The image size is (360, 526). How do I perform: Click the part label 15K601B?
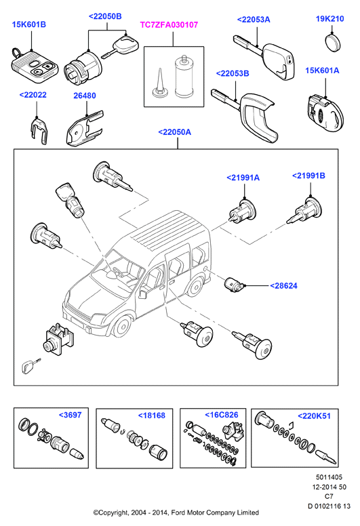point(29,25)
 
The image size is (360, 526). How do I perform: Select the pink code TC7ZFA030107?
point(169,25)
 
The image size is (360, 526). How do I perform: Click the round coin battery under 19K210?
point(333,42)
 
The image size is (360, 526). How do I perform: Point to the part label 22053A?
point(254,20)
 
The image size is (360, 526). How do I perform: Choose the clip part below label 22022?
point(40,131)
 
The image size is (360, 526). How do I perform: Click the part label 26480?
point(85,96)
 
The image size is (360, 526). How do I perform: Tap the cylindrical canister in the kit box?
point(183,77)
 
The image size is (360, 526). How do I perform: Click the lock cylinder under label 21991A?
point(243,211)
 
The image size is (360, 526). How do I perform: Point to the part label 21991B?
point(308,176)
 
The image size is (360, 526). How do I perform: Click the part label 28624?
point(283,286)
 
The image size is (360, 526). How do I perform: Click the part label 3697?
point(70,415)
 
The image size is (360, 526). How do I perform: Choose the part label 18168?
point(152,416)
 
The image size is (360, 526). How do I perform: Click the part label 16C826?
point(222,415)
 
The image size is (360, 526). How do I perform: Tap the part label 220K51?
point(314,416)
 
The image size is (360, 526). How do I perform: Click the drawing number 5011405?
point(329,477)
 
